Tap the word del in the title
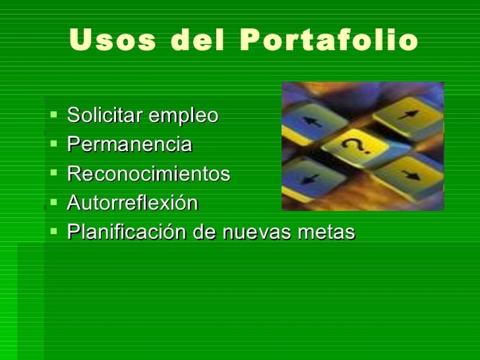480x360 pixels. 195,41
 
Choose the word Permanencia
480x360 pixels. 129,145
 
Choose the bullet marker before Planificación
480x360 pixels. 53,233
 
